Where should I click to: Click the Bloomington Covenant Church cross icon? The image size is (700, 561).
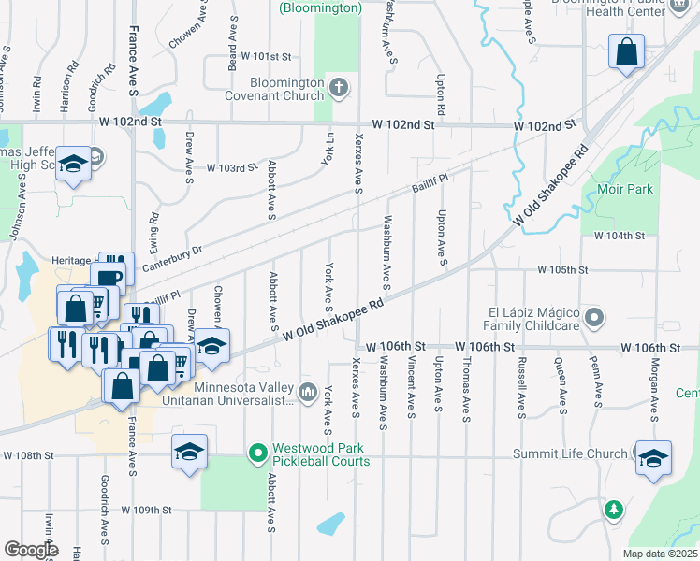[339, 89]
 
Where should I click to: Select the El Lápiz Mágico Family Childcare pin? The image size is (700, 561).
[593, 320]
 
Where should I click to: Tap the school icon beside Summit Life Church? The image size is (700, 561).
[653, 458]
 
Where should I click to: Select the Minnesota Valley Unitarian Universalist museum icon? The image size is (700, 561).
[308, 388]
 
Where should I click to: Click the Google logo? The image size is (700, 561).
[31, 549]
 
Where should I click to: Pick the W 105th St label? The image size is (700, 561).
[562, 269]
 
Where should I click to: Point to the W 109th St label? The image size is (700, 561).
[147, 511]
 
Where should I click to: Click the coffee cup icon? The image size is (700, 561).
[108, 278]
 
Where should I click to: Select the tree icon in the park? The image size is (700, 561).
[613, 510]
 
